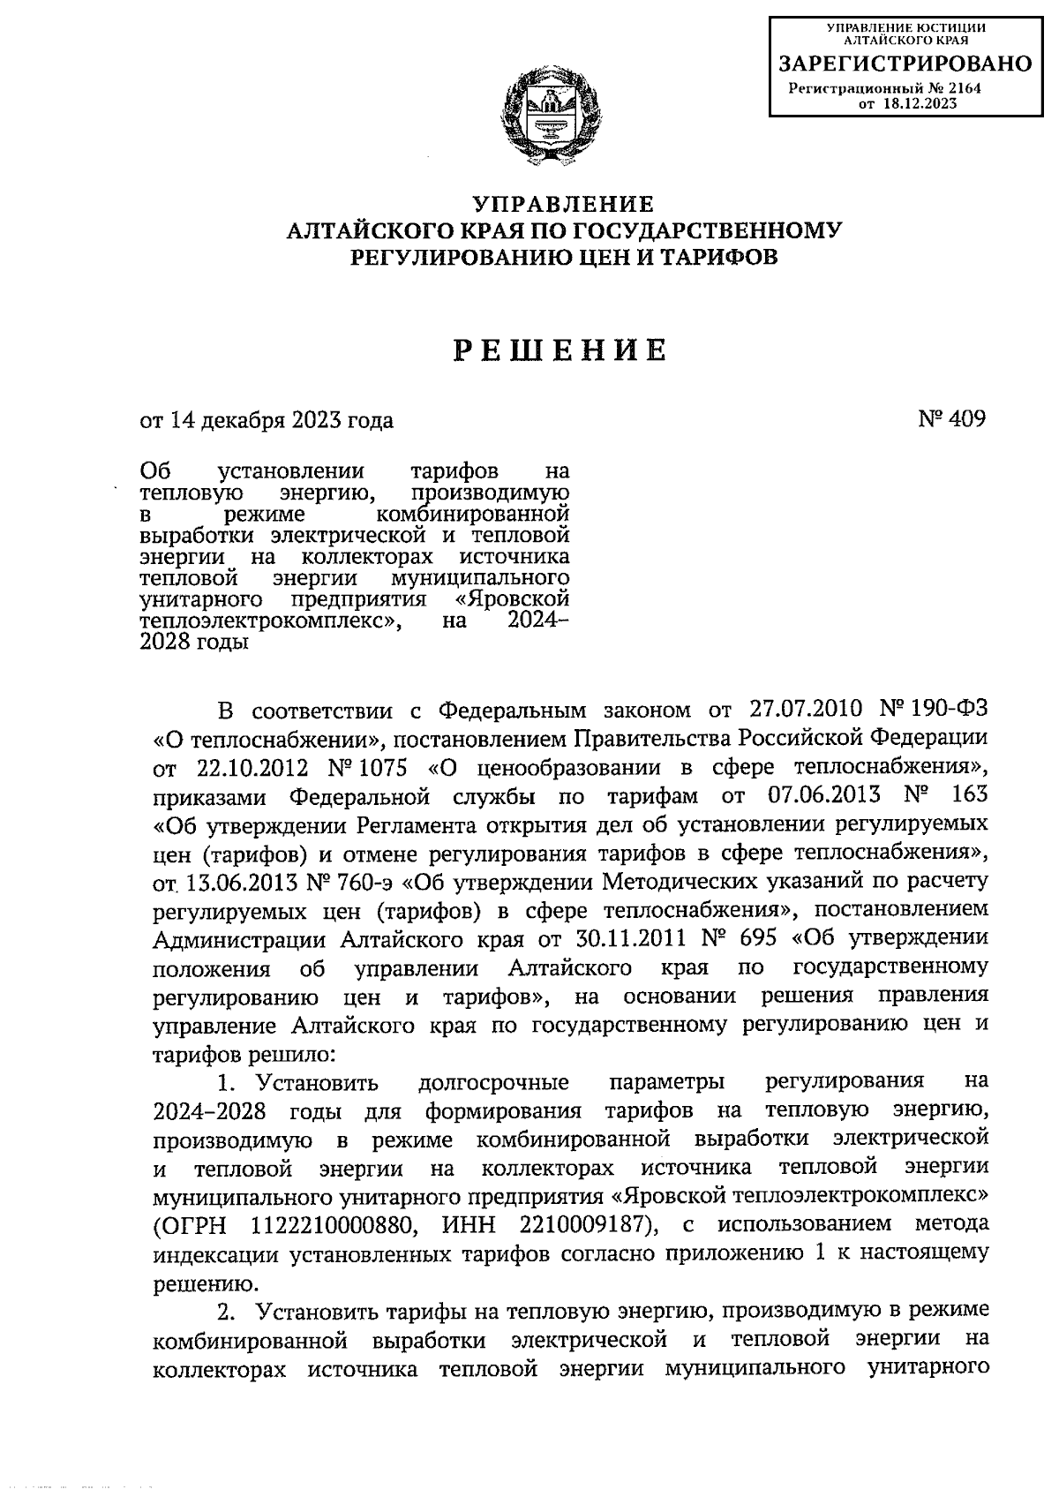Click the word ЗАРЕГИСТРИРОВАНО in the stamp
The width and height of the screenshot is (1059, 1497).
coord(905,64)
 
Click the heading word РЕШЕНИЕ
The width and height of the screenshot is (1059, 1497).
coord(561,351)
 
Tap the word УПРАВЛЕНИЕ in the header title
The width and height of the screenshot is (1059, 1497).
coord(562,205)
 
